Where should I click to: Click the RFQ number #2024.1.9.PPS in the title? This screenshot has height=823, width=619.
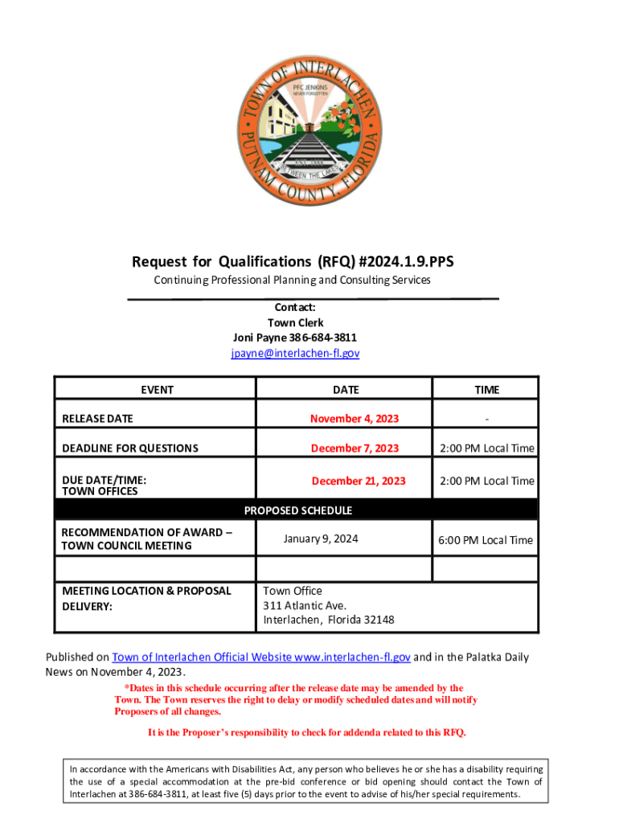(x=402, y=261)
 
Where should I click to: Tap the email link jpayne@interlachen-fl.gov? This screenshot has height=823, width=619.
(x=295, y=353)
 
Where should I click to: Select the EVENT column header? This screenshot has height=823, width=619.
(x=157, y=390)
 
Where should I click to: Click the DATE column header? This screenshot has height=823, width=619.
(x=346, y=390)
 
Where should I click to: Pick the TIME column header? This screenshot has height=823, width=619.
(x=486, y=390)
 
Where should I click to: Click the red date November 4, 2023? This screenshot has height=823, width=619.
(x=355, y=419)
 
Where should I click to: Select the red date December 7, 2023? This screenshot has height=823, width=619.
(x=355, y=448)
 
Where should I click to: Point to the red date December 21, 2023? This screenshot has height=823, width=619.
(x=359, y=481)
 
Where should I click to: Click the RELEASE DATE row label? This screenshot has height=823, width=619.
(x=98, y=419)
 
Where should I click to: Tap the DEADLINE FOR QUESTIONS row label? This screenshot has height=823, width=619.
(x=130, y=448)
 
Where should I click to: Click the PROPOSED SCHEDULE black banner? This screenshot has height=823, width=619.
(x=297, y=510)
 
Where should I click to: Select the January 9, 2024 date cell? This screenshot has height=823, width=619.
(x=321, y=538)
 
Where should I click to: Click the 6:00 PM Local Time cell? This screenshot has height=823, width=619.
(x=486, y=540)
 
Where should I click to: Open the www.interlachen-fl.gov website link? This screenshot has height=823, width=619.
(x=353, y=657)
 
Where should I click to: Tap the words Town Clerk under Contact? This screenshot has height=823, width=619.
(x=295, y=322)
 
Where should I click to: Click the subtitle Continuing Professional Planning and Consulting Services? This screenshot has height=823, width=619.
(x=293, y=280)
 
